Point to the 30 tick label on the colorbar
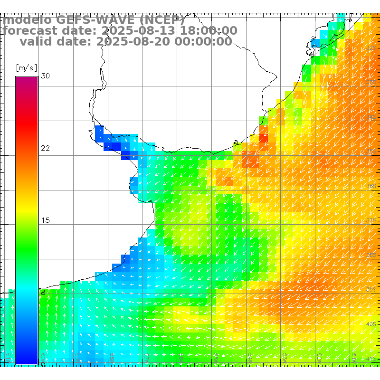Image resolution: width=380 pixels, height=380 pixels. [x=46, y=76]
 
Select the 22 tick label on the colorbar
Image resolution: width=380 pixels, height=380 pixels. [x=46, y=148]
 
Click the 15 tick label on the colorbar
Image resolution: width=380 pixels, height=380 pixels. [x=46, y=220]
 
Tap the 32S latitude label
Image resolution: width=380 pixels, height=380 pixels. [x=371, y=48]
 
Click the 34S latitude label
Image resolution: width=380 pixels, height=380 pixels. [x=371, y=117]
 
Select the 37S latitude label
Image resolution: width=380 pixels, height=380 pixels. [x=371, y=220]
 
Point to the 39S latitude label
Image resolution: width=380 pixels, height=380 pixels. [x=371, y=289]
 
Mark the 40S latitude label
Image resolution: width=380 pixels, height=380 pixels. [x=371, y=324]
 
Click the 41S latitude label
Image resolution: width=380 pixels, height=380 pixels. [x=371, y=358]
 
